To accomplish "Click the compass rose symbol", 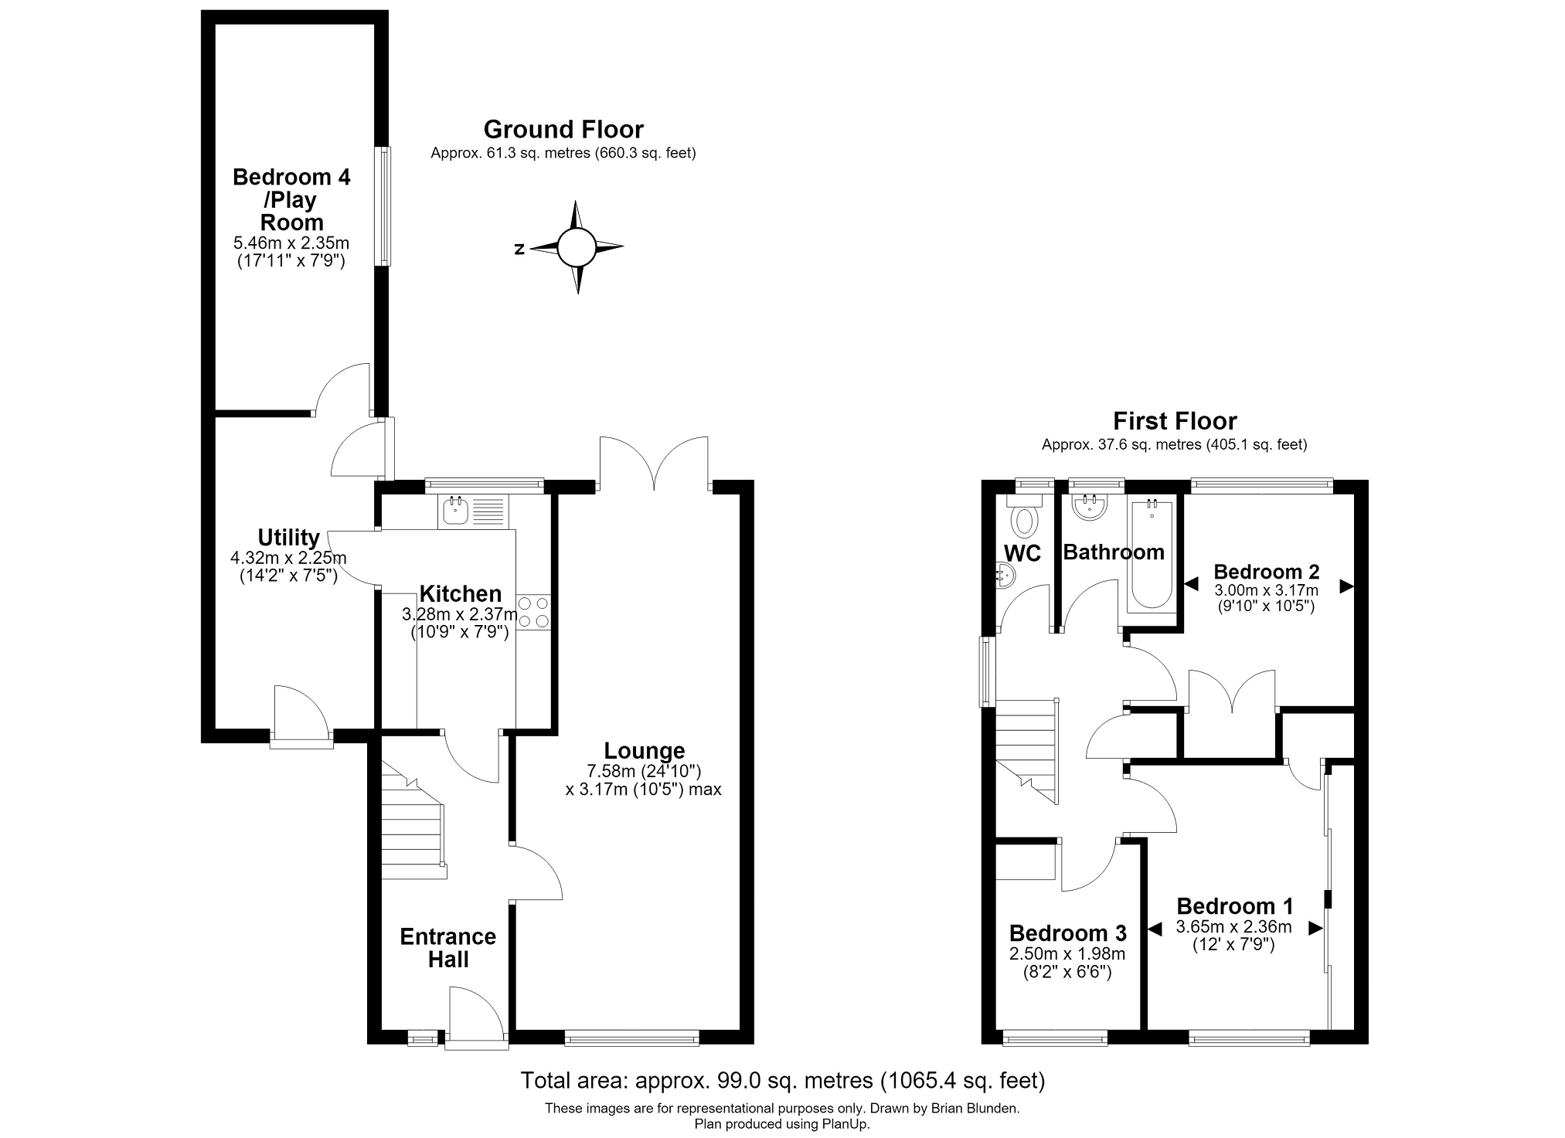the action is click(x=576, y=247).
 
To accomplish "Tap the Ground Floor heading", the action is click(x=563, y=129).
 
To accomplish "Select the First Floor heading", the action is click(x=1175, y=421).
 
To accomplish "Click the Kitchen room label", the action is click(x=461, y=593).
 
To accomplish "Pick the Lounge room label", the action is click(x=645, y=750).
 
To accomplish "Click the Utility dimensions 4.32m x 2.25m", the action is click(x=288, y=558).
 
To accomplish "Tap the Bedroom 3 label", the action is click(x=1067, y=933).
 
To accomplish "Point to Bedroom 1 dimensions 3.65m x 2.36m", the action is click(x=1233, y=927).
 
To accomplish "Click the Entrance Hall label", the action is click(x=448, y=948).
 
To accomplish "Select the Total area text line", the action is click(x=782, y=1080).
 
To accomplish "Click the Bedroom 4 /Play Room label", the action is click(x=291, y=200).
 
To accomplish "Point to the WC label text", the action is click(x=1022, y=553).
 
